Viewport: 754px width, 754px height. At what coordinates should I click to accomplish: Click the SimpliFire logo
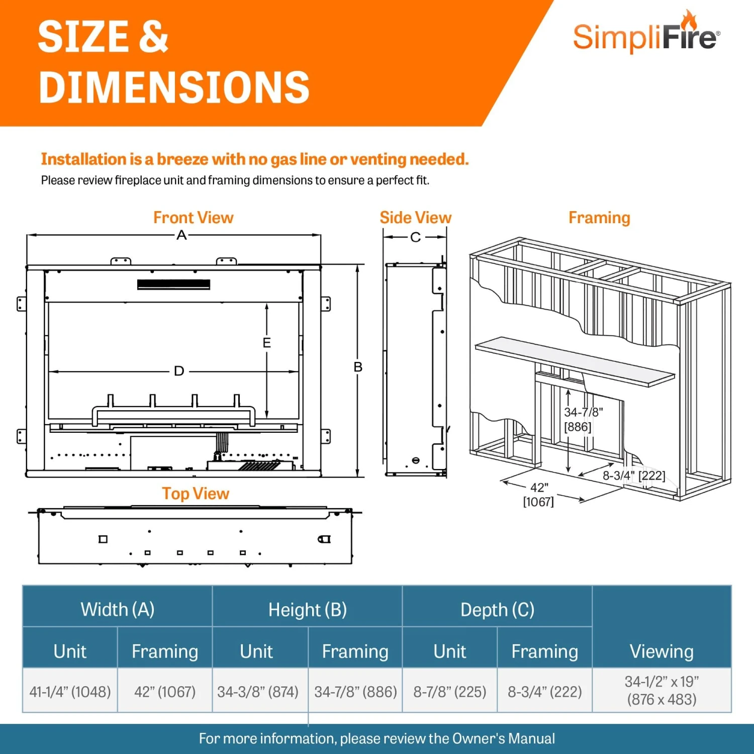point(646,36)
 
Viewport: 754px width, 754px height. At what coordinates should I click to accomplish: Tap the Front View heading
point(193,218)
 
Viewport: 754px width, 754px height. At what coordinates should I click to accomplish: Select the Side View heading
point(415,218)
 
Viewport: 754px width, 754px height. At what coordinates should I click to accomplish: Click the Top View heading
point(195,494)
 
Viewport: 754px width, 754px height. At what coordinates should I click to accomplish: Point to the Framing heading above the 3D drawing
point(599,218)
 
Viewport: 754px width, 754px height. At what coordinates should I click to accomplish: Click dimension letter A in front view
point(181,235)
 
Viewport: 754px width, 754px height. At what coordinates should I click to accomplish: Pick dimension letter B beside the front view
point(358,367)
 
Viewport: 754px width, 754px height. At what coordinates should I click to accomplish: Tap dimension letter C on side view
point(415,237)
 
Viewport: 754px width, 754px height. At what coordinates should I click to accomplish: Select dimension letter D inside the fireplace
point(179,371)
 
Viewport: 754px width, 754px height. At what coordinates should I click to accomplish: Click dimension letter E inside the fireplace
point(267,343)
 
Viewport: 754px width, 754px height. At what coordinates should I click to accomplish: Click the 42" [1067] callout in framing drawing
point(539,495)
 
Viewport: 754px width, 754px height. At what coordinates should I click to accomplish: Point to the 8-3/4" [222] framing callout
point(633,476)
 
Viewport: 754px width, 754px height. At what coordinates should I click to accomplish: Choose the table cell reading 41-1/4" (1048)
point(70,692)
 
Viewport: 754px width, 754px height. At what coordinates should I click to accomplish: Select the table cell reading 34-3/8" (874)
point(258,692)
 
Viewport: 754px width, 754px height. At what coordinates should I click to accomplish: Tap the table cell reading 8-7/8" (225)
point(449,692)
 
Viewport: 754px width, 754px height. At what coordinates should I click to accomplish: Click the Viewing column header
point(662,651)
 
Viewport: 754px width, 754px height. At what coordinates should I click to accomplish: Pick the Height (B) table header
point(307,610)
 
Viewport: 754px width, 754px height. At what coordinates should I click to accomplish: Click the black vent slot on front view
point(173,285)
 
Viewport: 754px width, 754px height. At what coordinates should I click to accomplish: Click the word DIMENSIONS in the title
point(174,88)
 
